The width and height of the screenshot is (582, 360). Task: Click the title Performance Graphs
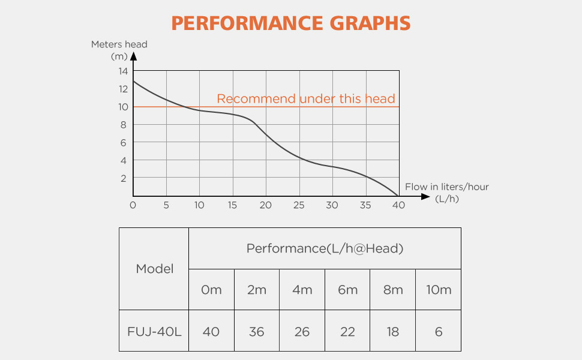291,23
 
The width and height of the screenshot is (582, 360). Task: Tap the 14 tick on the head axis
123,71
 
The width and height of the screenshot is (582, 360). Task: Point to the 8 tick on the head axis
123,125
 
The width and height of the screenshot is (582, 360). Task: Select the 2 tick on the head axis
123,179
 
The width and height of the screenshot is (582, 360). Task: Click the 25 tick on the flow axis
299,205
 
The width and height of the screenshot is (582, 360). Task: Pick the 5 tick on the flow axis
166,205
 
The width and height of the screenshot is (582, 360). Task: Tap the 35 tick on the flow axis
365,205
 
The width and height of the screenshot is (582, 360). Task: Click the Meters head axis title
119,44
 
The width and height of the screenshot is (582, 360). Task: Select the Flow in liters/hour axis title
446,187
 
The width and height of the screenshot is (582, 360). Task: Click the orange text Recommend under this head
306,99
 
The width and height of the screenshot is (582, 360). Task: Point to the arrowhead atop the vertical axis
133,57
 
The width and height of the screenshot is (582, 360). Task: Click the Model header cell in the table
154,269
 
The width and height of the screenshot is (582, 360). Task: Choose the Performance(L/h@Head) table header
325,248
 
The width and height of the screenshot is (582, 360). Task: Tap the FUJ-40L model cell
154,331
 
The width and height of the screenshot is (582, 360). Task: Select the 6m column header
347,290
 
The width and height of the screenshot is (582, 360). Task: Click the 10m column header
438,290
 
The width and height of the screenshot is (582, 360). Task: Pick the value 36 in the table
256,331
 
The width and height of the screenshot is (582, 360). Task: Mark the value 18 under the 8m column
393,331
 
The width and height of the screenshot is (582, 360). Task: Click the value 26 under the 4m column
302,331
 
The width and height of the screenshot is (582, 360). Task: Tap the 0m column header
211,290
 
